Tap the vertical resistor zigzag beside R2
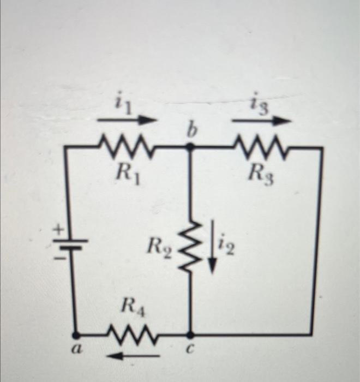(x=190, y=249)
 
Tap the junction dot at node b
(x=190, y=147)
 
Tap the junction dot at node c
(x=190, y=334)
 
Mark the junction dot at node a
(x=76, y=333)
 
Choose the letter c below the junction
(x=190, y=352)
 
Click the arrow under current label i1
(x=129, y=118)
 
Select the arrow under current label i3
(x=261, y=120)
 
